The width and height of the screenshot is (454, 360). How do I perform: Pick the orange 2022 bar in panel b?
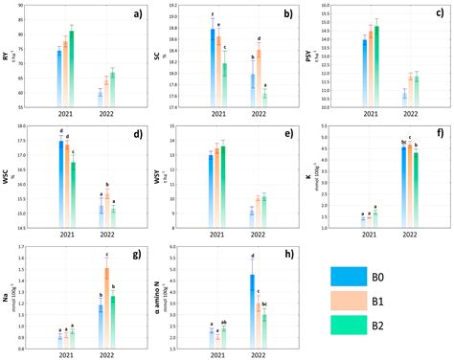[x=258, y=77]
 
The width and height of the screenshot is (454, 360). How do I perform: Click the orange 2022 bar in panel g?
[x=106, y=306]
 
